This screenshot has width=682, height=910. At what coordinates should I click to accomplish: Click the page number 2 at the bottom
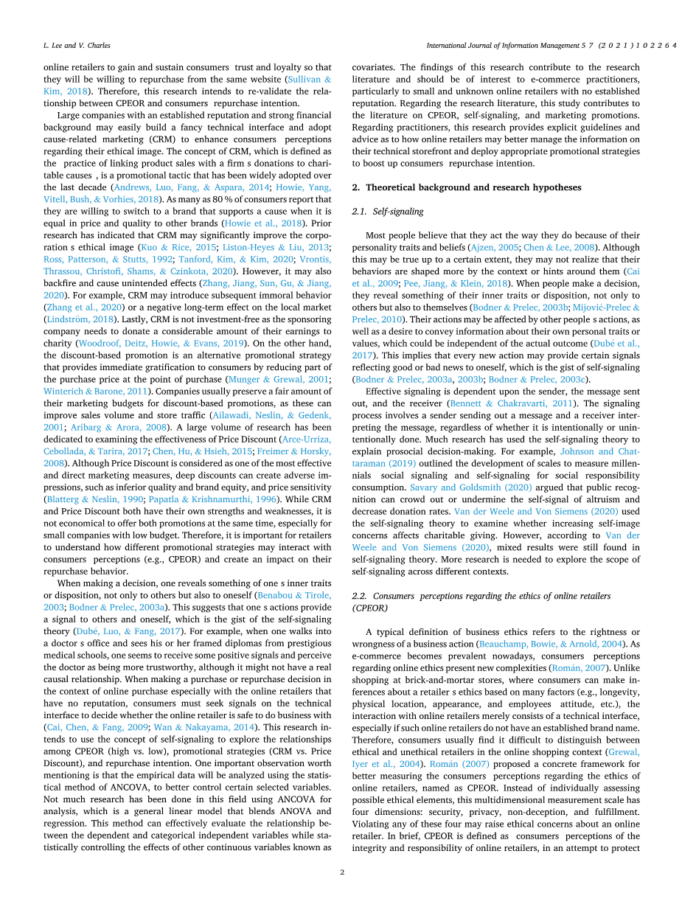coord(341,872)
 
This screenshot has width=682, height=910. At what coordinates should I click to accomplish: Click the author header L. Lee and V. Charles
coord(77,45)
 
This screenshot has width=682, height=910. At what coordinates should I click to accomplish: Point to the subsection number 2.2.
coord(359,595)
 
